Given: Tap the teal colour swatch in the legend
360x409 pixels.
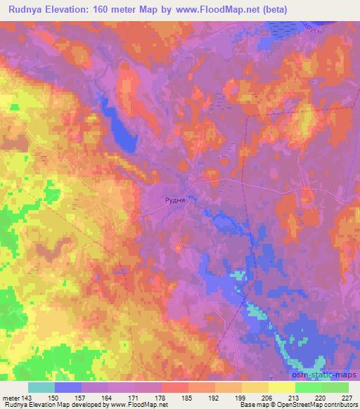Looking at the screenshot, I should (41, 387).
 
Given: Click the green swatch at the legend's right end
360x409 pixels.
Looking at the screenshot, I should (335, 387).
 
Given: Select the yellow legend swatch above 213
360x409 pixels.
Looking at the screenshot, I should (281, 387).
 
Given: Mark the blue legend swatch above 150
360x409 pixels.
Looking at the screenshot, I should (67, 387).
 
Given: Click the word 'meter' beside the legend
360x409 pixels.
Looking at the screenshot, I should (12, 398).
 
